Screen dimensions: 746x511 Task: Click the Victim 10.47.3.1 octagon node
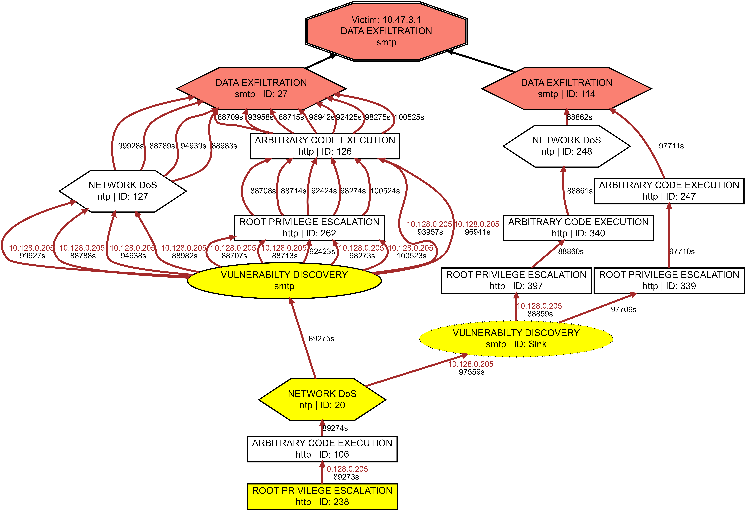point(386,31)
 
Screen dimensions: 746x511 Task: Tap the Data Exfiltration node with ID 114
point(567,88)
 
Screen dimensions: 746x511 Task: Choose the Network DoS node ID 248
point(567,146)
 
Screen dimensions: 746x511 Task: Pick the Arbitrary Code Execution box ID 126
point(325,146)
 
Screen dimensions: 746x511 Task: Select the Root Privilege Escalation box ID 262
point(309,228)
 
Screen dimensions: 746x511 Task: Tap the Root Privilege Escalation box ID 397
point(516,281)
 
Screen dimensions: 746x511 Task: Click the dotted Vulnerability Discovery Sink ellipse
point(516,339)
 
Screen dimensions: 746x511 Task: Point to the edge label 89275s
point(321,339)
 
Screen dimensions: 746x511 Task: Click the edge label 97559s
point(472,372)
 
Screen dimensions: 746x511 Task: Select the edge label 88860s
point(571,251)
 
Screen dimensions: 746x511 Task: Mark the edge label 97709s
point(623,309)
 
